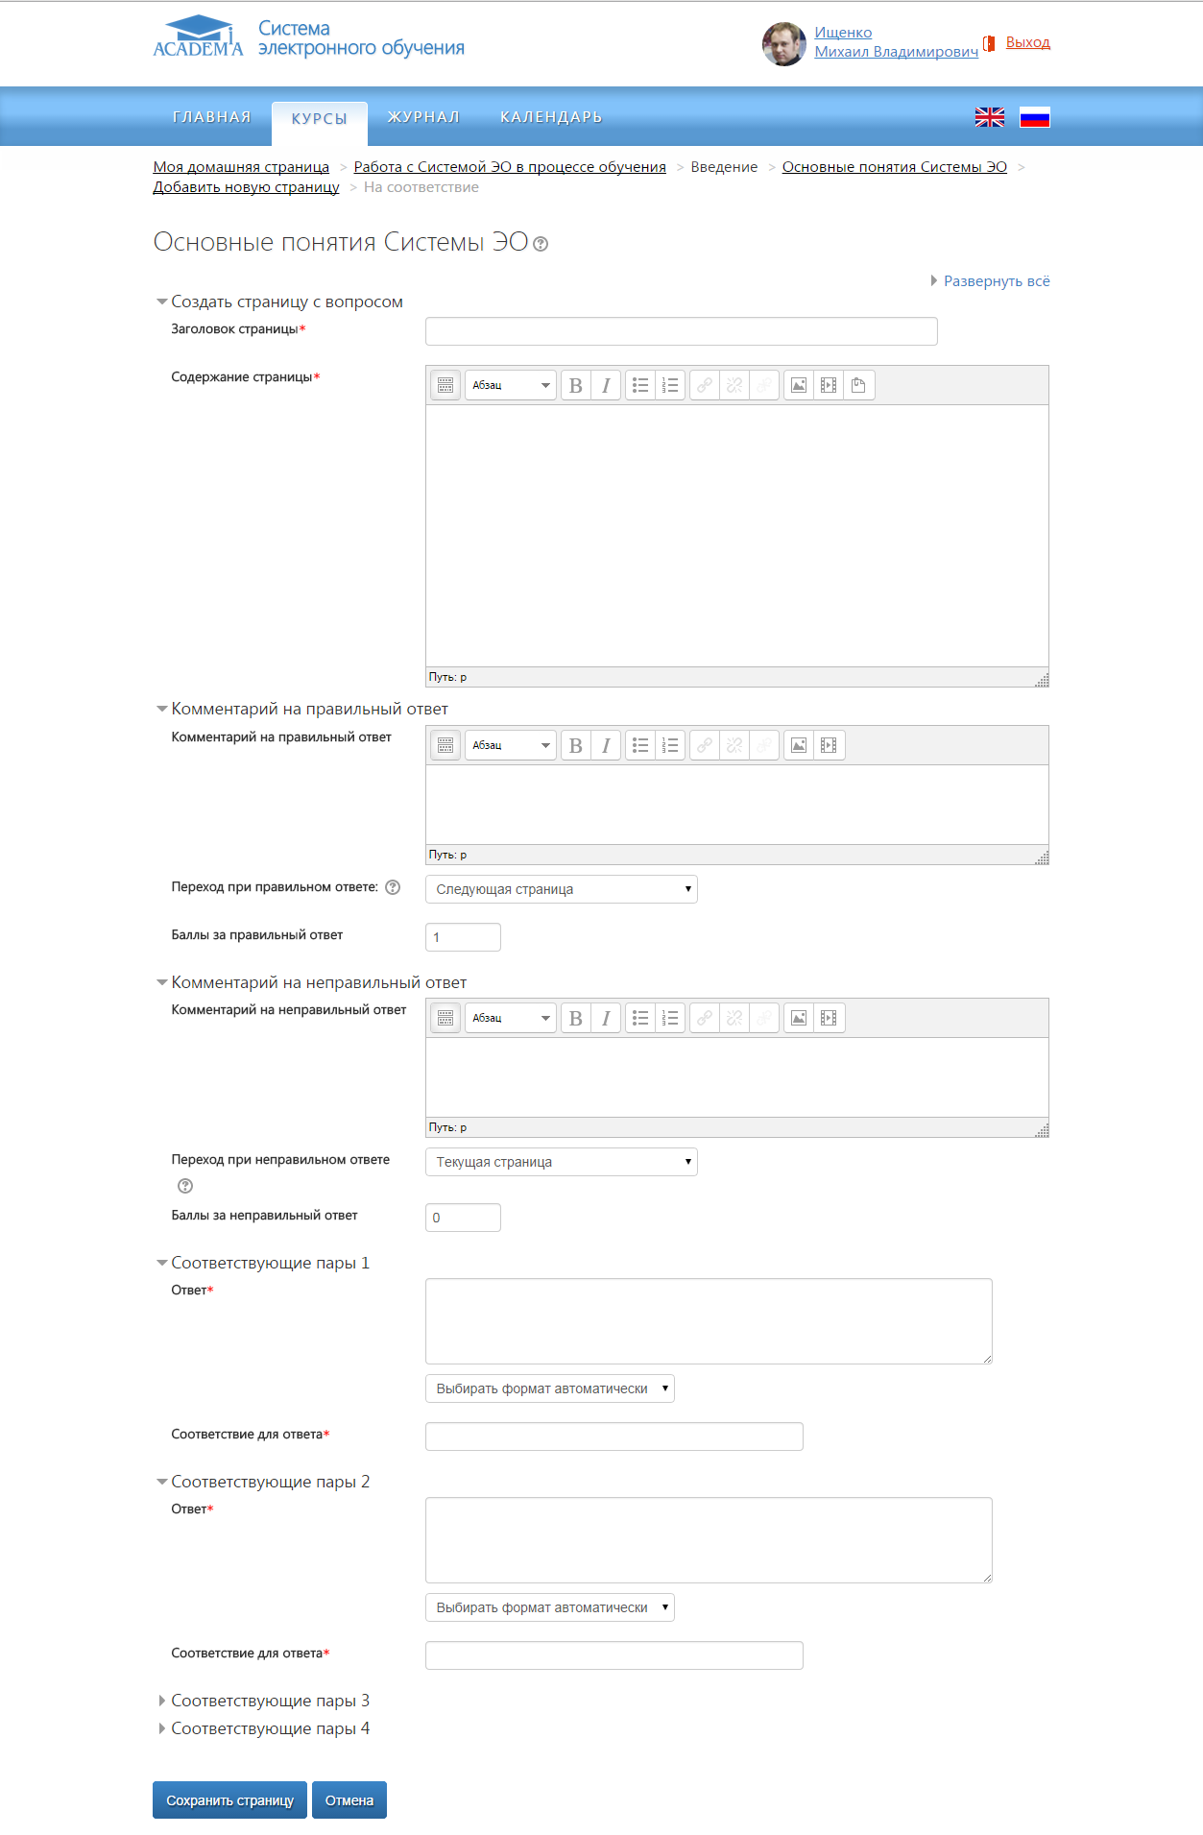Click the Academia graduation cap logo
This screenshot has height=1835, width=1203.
click(199, 36)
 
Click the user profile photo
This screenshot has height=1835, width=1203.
click(783, 44)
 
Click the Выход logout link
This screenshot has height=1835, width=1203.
click(1027, 42)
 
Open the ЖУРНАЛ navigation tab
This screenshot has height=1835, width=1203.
click(423, 117)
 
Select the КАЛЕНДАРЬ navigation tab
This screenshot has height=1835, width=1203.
click(551, 117)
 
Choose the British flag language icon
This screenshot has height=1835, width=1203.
click(989, 117)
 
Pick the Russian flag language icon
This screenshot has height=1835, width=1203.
click(1034, 117)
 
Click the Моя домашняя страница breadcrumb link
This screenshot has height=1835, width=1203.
click(241, 167)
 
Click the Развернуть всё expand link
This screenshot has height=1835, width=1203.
click(996, 281)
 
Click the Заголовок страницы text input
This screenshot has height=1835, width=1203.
click(681, 331)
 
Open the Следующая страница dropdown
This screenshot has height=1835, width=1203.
click(561, 889)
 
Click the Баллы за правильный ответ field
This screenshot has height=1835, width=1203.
click(463, 937)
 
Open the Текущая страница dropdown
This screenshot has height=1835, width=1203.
click(561, 1162)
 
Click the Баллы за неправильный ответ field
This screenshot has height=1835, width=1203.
click(463, 1218)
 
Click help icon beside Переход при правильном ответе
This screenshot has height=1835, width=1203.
click(393, 887)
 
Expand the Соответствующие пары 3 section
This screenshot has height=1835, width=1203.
click(269, 1701)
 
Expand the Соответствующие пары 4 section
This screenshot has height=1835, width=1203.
click(269, 1728)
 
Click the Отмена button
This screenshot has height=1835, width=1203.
click(349, 1800)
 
